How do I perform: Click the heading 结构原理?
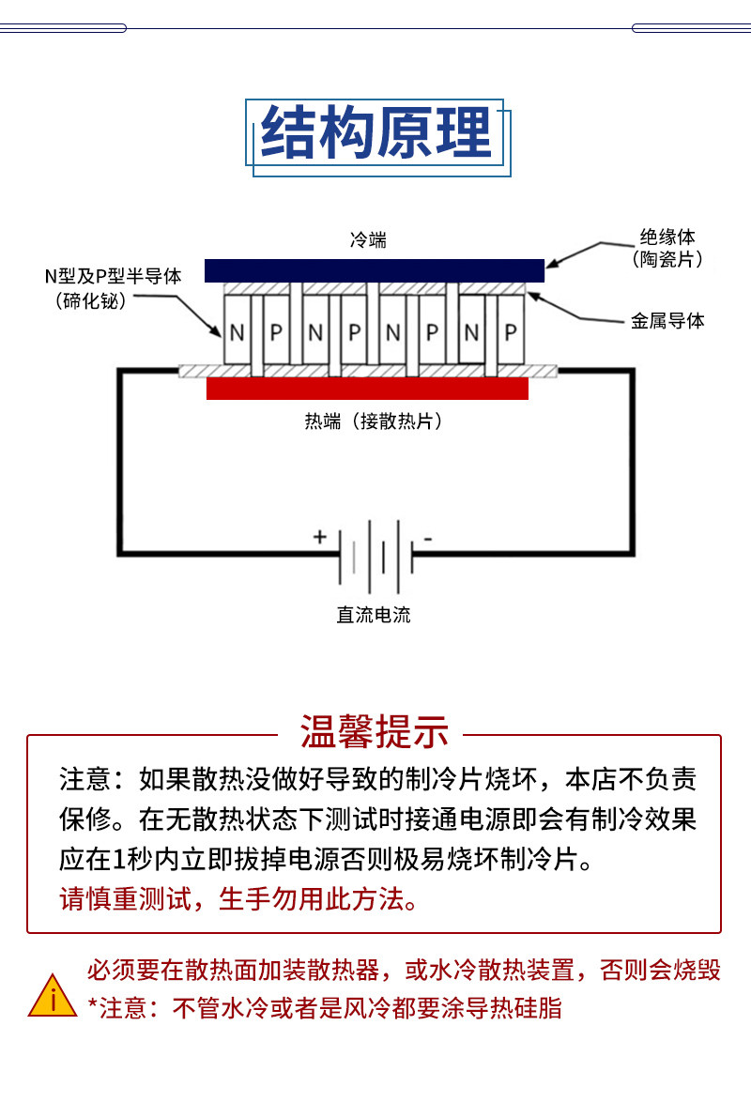tap(376, 132)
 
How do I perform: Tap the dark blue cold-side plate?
tap(375, 270)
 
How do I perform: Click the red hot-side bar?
tap(367, 389)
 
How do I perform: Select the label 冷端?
tap(369, 240)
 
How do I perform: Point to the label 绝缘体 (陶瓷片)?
tap(667, 248)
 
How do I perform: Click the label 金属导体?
tap(667, 321)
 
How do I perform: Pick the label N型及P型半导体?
tap(114, 276)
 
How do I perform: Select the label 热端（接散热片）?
tap(374, 421)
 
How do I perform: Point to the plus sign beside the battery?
tap(320, 537)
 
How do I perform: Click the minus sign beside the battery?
tap(427, 539)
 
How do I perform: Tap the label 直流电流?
tap(374, 615)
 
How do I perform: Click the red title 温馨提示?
tap(375, 731)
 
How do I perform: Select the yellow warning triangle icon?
tap(53, 998)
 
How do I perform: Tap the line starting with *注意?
tap(325, 1008)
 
